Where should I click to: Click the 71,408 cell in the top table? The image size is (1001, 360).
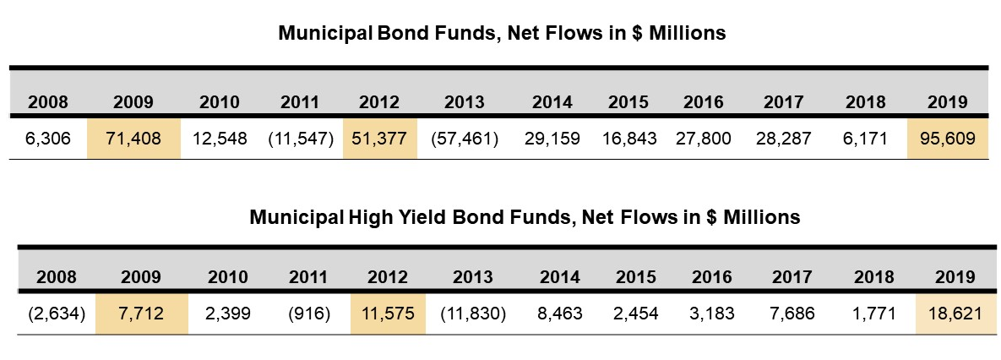coord(133,137)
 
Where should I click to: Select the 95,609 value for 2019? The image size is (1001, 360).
coord(947,137)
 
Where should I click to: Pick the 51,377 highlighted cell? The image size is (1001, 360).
coord(379,137)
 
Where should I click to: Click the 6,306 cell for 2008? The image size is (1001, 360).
coord(48,137)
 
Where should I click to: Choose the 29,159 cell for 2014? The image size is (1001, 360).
coord(552,137)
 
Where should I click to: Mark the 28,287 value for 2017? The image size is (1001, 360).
coord(783,137)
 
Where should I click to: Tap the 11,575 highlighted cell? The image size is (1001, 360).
coord(387,313)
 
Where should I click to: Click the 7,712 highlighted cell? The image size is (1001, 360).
coord(141,313)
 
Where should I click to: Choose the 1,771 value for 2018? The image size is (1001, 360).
coord(873,313)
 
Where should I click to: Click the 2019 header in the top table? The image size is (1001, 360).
coord(947,102)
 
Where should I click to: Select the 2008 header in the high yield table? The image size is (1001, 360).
coord(57,277)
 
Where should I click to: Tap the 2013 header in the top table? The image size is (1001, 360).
coord(465,102)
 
